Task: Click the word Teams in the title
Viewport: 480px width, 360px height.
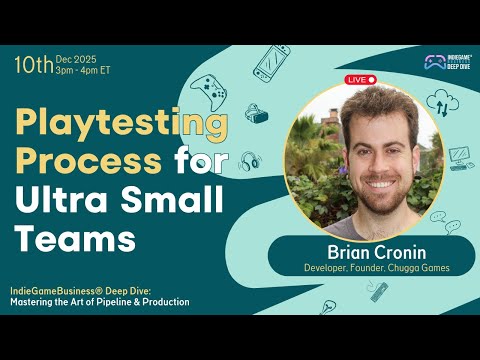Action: (74, 238)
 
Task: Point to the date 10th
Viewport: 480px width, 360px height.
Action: (33, 66)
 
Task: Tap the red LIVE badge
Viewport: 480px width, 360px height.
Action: (359, 79)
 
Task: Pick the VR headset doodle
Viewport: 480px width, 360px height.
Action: (257, 114)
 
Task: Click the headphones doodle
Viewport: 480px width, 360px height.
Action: (249, 160)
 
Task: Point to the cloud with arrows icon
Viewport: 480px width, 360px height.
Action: (440, 100)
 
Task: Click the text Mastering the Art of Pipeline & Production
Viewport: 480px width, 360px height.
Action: (100, 302)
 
